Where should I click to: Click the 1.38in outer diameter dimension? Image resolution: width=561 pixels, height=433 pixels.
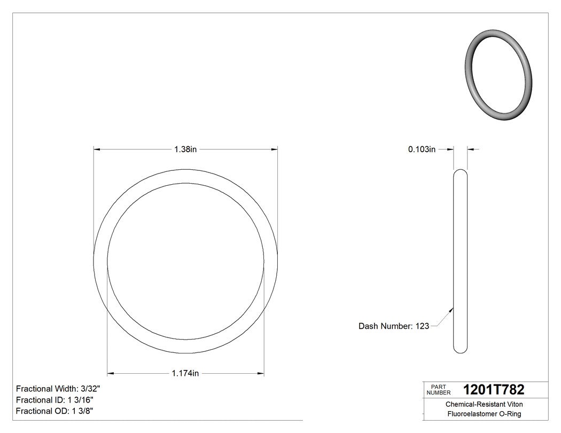pyautogui.click(x=185, y=150)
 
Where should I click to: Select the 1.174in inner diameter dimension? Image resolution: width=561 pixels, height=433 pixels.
pyautogui.click(x=185, y=373)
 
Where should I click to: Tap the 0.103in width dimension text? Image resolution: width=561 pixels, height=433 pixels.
pyautogui.click(x=422, y=150)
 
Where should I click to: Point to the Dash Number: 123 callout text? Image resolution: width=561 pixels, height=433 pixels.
pyautogui.click(x=394, y=326)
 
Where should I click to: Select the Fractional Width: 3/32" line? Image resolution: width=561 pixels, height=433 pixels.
pyautogui.click(x=58, y=389)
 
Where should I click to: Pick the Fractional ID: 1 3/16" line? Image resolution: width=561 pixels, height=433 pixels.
pyautogui.click(x=56, y=400)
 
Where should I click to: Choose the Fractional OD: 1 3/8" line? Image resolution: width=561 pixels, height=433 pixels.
pyautogui.click(x=56, y=411)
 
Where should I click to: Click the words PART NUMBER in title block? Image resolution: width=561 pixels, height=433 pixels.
pyautogui.click(x=438, y=390)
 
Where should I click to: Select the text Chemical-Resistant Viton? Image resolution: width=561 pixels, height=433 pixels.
pyautogui.click(x=484, y=405)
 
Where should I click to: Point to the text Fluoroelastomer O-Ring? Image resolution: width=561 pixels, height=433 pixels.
pyautogui.click(x=484, y=414)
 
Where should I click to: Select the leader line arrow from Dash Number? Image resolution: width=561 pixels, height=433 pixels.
pyautogui.click(x=452, y=309)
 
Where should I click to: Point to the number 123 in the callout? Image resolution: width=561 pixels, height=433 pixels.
pyautogui.click(x=422, y=326)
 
